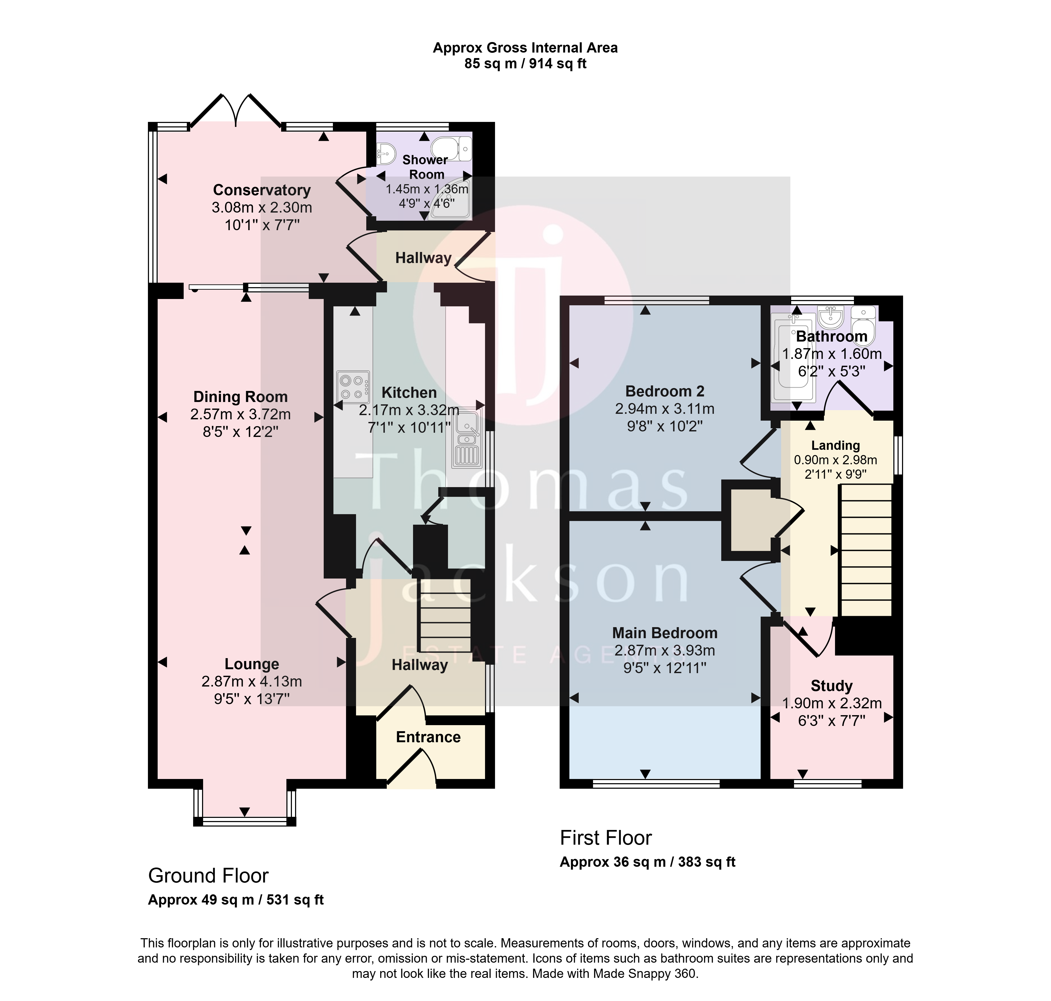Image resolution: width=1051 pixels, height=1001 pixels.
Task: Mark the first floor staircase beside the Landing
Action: [x=866, y=550]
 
